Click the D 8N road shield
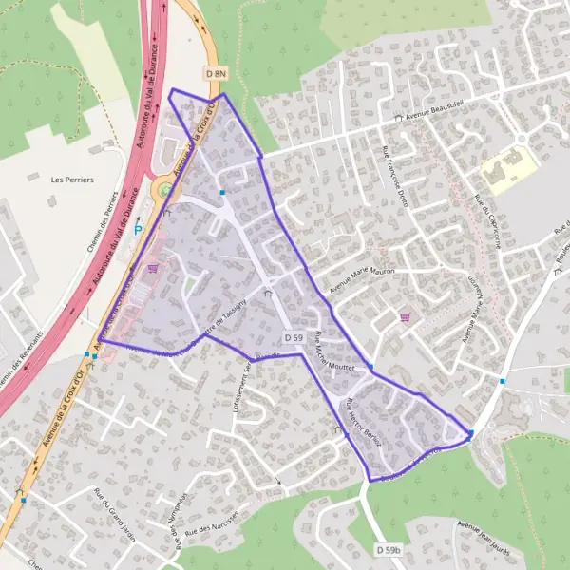click(217, 72)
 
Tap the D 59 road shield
click(293, 337)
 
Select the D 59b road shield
click(388, 549)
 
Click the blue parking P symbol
click(138, 229)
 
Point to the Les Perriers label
click(72, 180)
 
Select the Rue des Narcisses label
click(211, 523)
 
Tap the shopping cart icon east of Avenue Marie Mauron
click(406, 317)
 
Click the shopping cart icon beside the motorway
click(152, 268)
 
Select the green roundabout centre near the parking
click(165, 190)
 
